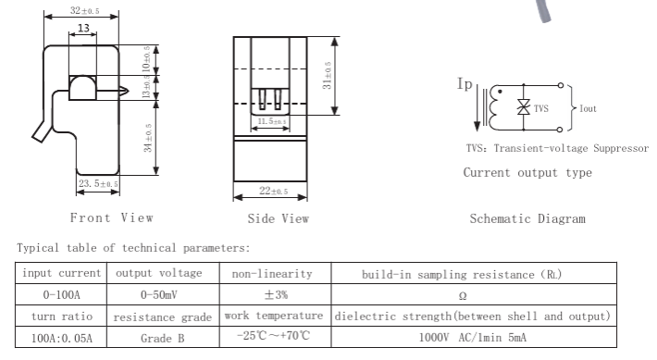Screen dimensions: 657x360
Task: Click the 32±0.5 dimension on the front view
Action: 84,10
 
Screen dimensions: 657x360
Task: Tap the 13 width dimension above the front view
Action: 83,28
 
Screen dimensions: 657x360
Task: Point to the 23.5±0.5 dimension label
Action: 98,183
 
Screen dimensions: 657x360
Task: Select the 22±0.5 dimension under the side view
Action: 274,192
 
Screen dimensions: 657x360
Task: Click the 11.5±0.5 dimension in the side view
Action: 272,121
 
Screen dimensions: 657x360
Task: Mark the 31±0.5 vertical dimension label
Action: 327,76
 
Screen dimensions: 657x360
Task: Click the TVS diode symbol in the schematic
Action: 524,106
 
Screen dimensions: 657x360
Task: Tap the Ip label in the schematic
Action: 465,84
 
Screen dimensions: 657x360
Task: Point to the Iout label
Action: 588,108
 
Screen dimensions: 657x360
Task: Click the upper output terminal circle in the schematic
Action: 560,85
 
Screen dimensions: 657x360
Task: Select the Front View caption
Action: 111,217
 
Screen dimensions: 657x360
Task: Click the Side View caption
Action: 279,218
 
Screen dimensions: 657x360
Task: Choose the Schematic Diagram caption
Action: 527,218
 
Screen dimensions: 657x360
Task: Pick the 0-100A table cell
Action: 61,294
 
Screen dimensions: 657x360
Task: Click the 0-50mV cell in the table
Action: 159,294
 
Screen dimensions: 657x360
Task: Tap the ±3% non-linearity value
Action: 276,294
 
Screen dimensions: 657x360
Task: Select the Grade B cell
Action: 163,338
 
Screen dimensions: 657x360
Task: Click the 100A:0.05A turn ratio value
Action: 62,338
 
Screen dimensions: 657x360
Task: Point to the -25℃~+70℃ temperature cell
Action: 273,336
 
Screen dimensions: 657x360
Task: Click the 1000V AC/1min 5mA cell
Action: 473,338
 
